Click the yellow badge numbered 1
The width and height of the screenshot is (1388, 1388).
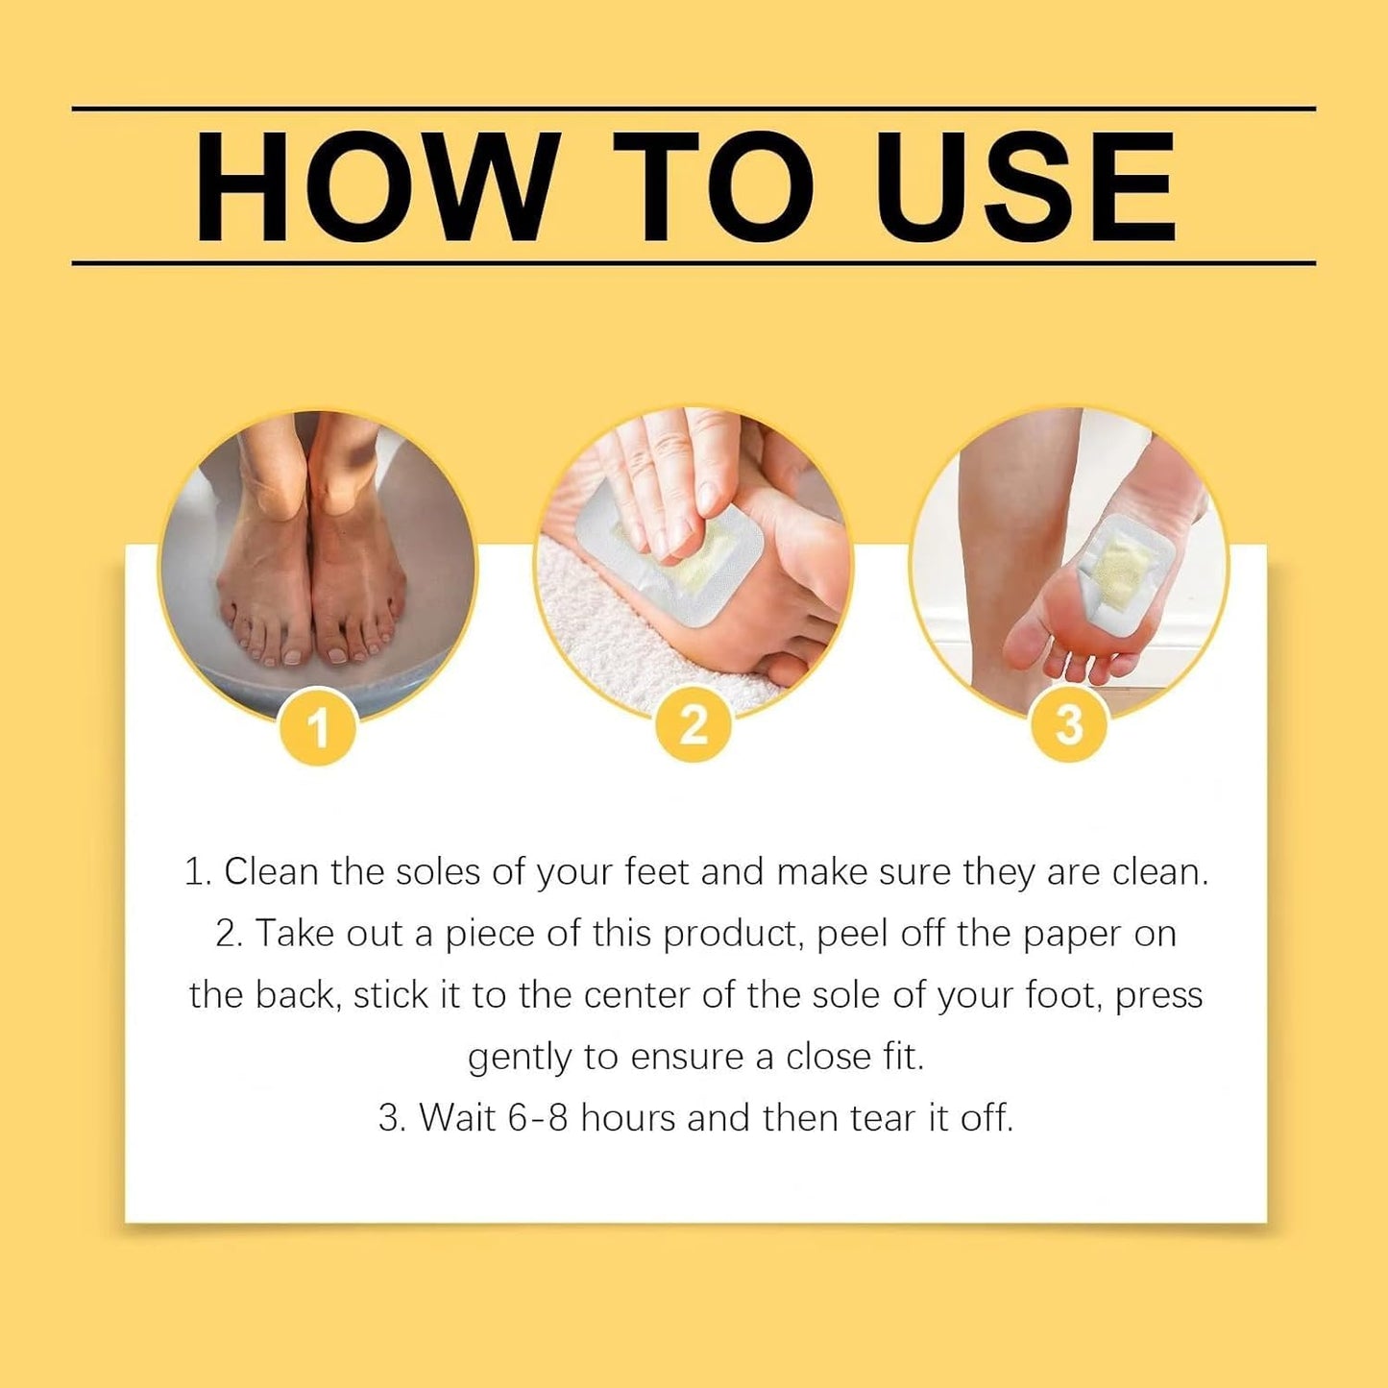pos(318,727)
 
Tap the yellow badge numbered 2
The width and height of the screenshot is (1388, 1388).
pos(694,725)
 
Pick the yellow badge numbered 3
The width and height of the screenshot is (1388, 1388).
pos(1069,725)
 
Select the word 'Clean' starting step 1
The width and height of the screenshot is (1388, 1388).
pos(271,872)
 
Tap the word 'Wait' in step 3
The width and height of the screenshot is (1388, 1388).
pos(457,1118)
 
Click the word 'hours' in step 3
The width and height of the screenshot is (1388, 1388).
pos(628,1118)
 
